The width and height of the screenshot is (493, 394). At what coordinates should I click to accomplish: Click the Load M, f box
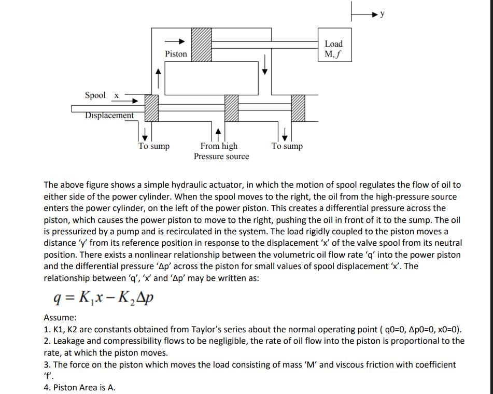tap(333, 49)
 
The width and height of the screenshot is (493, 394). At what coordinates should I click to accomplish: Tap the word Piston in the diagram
tap(176, 54)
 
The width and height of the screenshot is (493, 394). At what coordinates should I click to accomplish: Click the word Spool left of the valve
tap(95, 95)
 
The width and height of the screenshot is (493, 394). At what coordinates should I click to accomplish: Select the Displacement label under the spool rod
tap(110, 116)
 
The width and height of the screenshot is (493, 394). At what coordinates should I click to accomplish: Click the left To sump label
tap(154, 146)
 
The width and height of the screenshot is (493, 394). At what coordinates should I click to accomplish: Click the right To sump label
tap(287, 146)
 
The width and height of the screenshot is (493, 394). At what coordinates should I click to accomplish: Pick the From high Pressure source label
tap(221, 151)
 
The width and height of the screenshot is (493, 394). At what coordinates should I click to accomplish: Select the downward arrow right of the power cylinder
tap(265, 65)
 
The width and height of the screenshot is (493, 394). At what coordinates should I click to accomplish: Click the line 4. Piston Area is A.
tap(79, 387)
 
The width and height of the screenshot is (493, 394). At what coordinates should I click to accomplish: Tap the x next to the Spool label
tap(117, 95)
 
